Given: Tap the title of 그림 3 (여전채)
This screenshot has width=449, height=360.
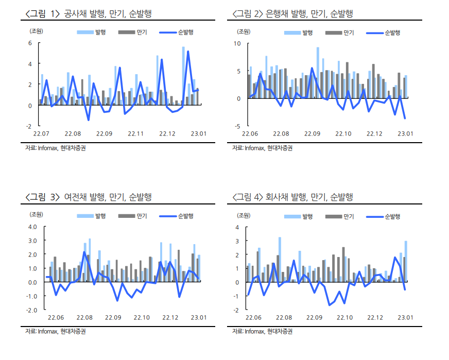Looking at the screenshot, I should (x=88, y=197).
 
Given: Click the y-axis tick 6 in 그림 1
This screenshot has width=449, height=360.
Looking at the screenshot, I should (x=30, y=43).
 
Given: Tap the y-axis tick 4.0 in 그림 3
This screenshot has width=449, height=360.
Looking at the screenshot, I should (x=33, y=227).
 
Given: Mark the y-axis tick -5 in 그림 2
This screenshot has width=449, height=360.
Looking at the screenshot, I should (x=238, y=126).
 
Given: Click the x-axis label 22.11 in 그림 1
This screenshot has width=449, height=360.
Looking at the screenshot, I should (x=135, y=134).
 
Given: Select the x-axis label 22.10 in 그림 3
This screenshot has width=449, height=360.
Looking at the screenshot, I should (x=142, y=317).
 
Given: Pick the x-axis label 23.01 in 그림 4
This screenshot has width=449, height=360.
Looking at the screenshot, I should (x=405, y=317).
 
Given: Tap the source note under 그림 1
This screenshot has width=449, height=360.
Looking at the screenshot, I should (x=55, y=148).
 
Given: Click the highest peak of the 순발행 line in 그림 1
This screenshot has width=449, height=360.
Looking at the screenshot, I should (x=188, y=52).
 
